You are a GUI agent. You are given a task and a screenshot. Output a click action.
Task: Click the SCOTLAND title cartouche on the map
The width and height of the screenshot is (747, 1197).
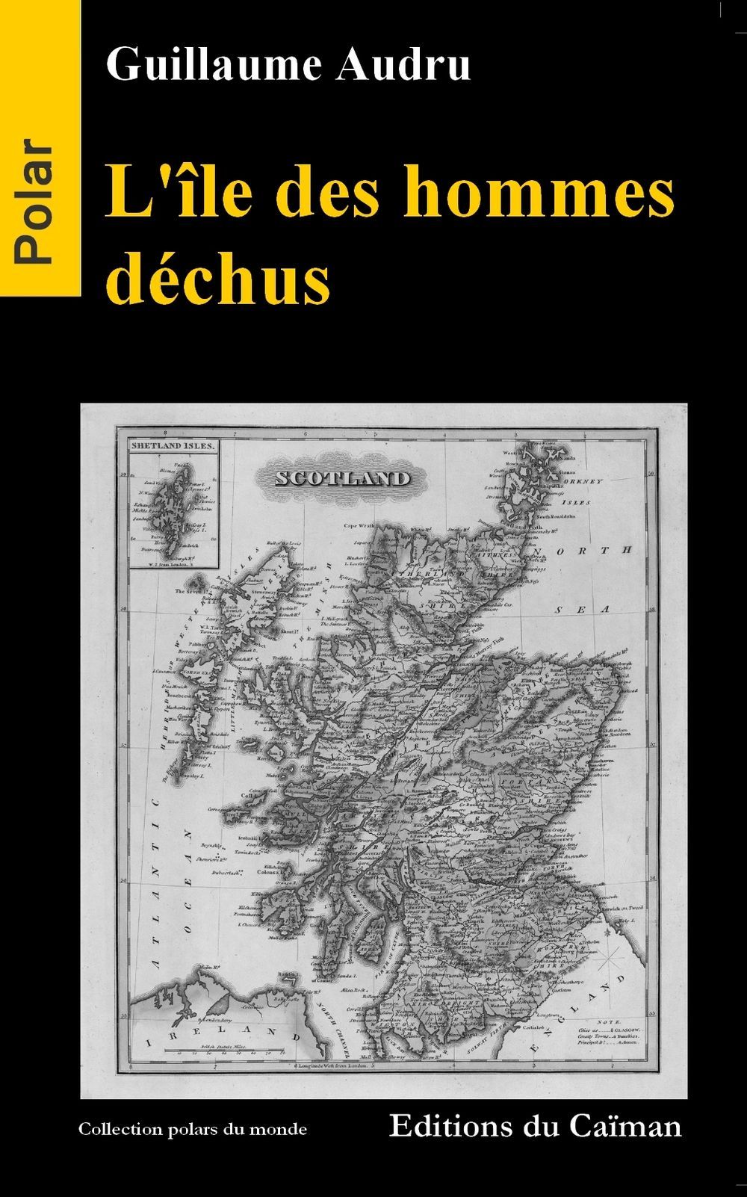(342, 478)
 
